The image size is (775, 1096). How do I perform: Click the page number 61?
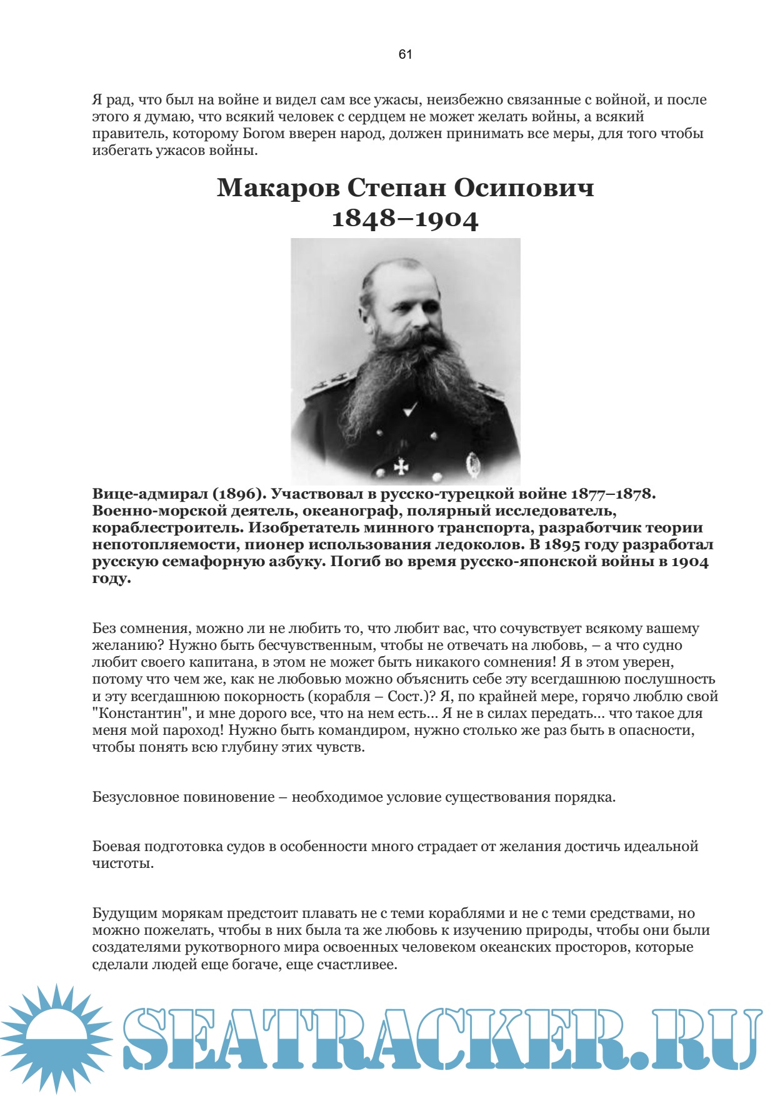tap(405, 54)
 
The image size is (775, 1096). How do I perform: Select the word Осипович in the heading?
tap(523, 187)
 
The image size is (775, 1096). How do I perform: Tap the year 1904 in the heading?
tap(446, 219)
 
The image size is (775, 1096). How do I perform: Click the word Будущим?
tap(123, 914)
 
